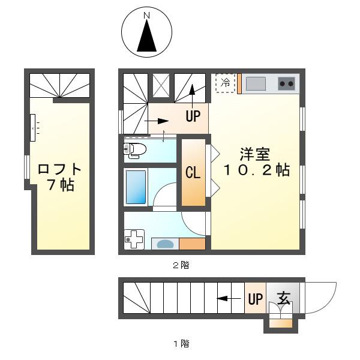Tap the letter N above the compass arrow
(147, 16)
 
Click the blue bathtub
(136, 187)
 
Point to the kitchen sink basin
(256, 84)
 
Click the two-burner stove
(286, 84)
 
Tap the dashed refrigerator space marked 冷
(225, 83)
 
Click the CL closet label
(193, 173)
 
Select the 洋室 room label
(255, 155)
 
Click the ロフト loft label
(59, 169)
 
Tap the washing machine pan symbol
(134, 239)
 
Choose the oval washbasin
(165, 244)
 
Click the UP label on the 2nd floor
(193, 116)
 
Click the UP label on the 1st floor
(256, 299)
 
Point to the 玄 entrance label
(284, 298)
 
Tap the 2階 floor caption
(181, 265)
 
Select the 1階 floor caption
(181, 344)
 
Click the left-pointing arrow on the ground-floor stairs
(229, 299)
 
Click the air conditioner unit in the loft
(32, 128)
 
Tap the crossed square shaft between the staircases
(161, 85)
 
